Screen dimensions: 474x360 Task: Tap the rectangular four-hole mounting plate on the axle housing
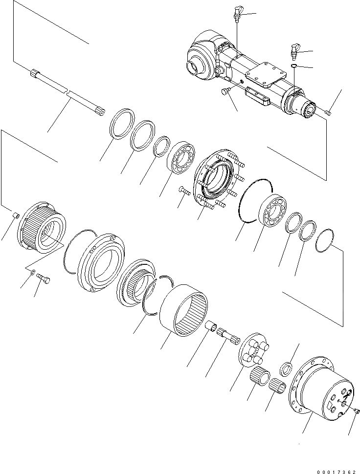tap(266, 74)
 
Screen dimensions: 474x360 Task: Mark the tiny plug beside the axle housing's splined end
tap(328, 113)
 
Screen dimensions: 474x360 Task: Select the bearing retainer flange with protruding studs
tap(215, 178)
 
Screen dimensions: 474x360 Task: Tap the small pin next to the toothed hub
tap(15, 216)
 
